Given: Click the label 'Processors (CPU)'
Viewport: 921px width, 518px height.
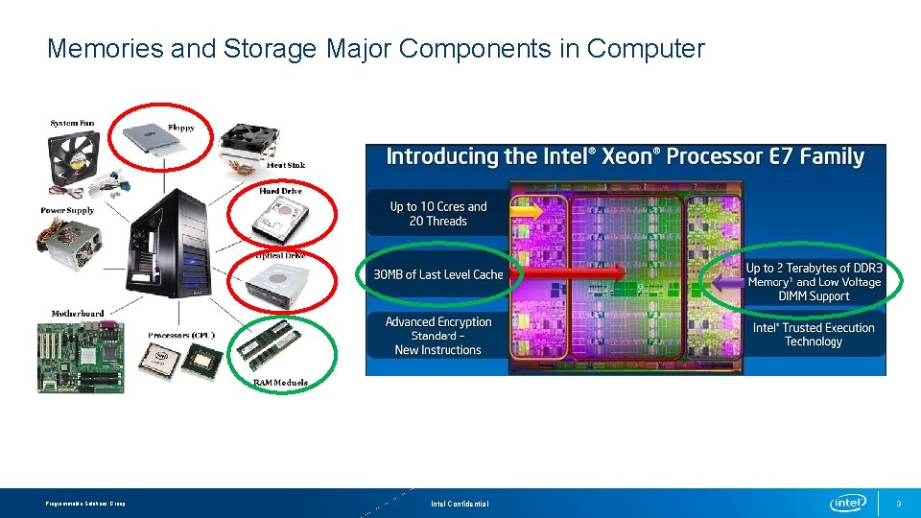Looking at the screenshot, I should (x=181, y=335).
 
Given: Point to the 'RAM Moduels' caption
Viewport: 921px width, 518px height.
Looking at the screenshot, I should (x=280, y=383).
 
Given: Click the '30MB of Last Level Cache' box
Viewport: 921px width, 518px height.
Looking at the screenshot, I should (x=437, y=274).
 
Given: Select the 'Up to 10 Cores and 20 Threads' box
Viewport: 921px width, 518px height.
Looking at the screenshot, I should (x=437, y=214).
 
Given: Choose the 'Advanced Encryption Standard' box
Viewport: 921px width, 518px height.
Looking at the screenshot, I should (x=437, y=336).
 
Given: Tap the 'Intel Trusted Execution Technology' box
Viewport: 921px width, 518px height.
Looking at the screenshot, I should (x=813, y=334).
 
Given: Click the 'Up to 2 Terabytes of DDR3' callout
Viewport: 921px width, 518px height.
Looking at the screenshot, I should (x=814, y=282).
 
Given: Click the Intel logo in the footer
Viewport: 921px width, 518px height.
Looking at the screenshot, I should (x=848, y=503).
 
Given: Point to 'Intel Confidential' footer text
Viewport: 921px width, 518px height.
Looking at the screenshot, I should (x=460, y=504).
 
